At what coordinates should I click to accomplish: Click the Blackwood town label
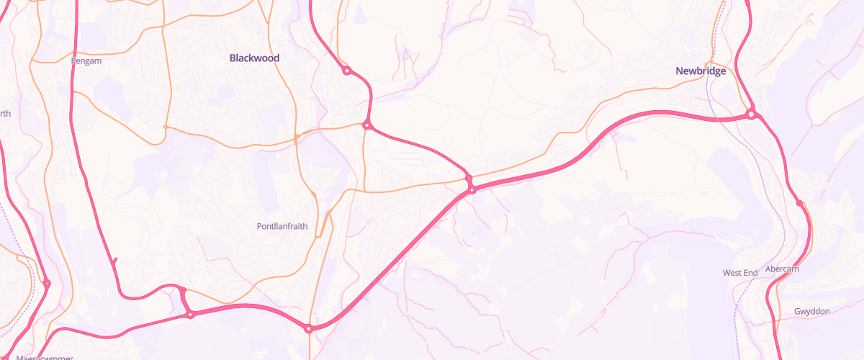coord(254,58)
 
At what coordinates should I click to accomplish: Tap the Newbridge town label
coord(701,71)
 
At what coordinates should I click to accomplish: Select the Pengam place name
coord(86,61)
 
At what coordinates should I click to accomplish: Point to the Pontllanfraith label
coord(282,226)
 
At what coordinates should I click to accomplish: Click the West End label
coord(740,273)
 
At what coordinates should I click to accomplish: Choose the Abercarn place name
coord(782,269)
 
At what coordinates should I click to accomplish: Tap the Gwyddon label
coord(812,311)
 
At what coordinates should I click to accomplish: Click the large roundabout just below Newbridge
coord(751,114)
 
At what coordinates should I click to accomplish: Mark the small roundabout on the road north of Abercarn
coord(799,204)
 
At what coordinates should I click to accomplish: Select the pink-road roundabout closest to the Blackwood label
coord(346,71)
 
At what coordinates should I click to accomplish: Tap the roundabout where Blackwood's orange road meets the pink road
coord(366,125)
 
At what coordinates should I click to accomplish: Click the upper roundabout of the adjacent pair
coord(468,179)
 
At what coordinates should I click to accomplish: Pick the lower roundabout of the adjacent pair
coord(472,189)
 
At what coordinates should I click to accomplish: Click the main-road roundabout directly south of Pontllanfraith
coord(309,329)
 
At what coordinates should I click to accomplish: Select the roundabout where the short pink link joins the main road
coord(190,315)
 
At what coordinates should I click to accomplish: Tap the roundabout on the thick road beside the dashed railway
coord(47,284)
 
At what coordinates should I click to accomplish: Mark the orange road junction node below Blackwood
coord(296,138)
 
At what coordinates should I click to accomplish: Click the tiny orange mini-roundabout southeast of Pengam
coord(166,127)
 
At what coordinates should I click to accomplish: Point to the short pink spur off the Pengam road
coord(115,259)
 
